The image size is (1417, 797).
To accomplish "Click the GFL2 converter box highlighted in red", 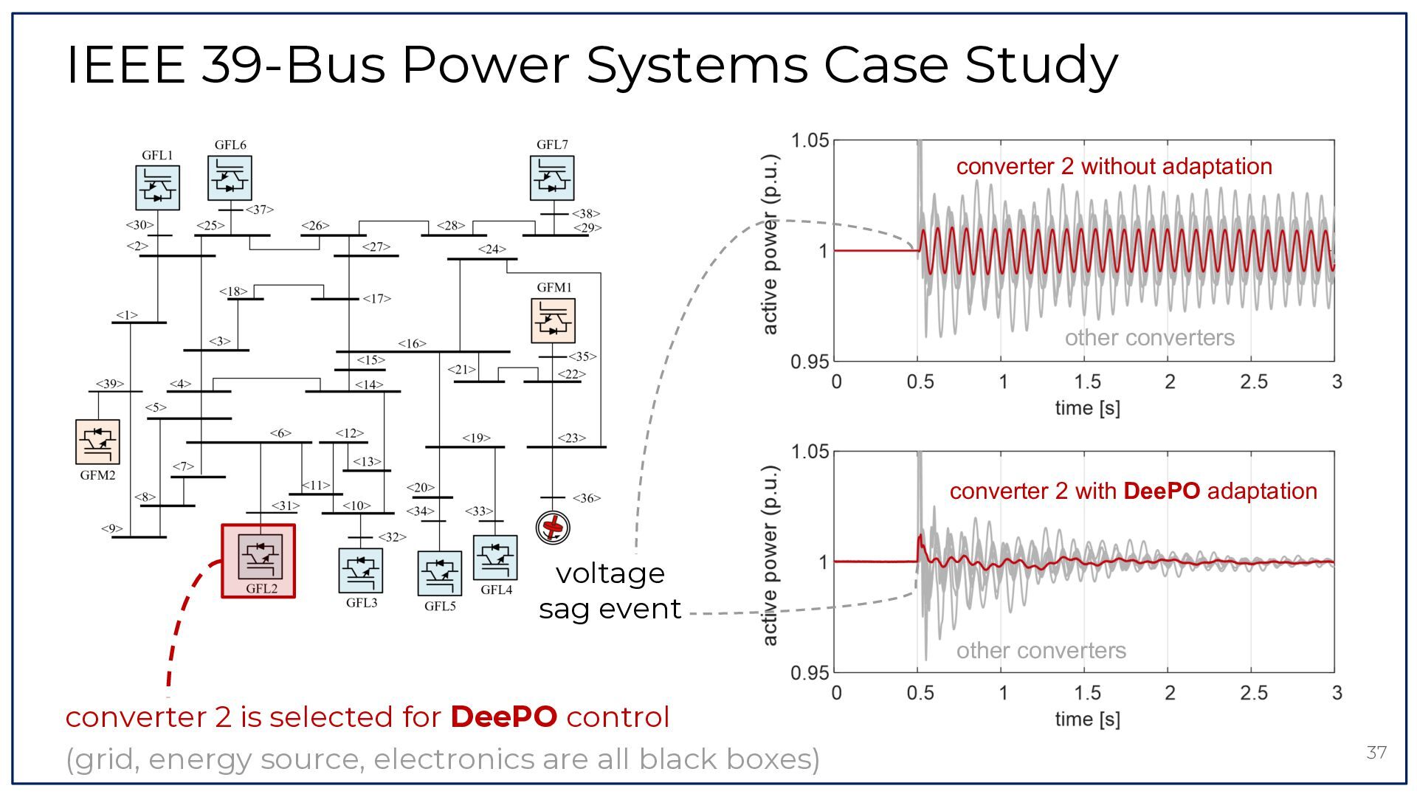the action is [258, 561].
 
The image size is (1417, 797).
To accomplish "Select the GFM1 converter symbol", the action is [553, 320].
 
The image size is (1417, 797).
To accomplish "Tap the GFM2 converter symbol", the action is [97, 442].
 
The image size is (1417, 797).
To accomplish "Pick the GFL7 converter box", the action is [552, 178].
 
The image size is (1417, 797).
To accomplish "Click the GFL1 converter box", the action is [157, 187].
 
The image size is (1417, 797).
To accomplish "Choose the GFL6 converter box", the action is [230, 178].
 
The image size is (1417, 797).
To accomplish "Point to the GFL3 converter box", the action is [361, 570].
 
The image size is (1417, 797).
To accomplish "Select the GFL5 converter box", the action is [440, 573].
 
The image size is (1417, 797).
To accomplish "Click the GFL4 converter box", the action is [495, 558].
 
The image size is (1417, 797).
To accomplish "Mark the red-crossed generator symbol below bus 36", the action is [553, 527].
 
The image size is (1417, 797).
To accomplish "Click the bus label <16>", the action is [412, 343].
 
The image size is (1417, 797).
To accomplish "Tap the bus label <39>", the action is [110, 384].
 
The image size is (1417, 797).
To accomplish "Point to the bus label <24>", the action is [492, 249].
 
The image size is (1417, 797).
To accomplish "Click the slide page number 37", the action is [1376, 753].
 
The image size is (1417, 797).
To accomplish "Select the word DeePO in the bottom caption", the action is [504, 717].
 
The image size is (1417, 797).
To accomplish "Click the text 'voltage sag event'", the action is [610, 591].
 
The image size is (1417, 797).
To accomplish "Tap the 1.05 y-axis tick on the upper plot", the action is [810, 140].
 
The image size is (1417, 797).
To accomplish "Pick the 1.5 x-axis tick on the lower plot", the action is [1087, 693].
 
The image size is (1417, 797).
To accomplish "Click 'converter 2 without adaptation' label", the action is [1114, 166].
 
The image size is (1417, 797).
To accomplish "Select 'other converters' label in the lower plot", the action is [1041, 650].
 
